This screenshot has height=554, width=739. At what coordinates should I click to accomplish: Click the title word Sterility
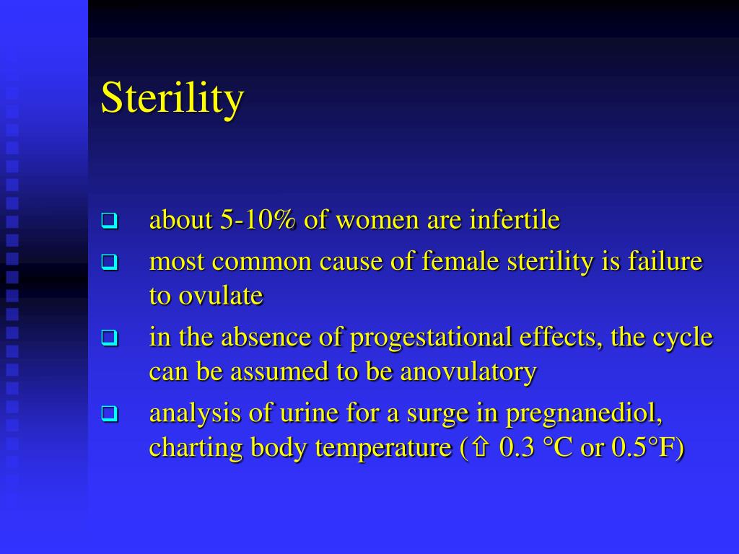point(172,98)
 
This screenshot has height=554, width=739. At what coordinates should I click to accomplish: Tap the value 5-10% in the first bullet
point(258,220)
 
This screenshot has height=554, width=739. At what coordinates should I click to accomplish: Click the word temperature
point(382,448)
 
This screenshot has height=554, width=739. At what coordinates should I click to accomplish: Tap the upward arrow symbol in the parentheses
point(479,449)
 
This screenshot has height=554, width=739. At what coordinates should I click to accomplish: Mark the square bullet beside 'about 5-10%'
point(109,220)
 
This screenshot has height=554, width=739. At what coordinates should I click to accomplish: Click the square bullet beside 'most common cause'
point(109,262)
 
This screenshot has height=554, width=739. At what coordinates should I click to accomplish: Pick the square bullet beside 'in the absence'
point(109,338)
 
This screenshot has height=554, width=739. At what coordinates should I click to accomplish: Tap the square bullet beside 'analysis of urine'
point(109,414)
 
